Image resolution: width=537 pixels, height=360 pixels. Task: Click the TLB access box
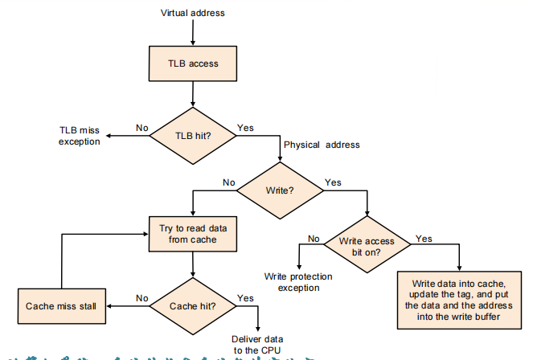[x=192, y=64]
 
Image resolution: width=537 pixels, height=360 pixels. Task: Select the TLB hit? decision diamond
[x=193, y=135]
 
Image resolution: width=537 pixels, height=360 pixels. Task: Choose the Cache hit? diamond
[x=193, y=305]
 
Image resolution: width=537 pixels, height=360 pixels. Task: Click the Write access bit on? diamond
[x=367, y=246]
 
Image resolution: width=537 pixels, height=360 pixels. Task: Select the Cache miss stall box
[x=62, y=306]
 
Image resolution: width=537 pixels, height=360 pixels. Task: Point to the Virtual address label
[x=193, y=13]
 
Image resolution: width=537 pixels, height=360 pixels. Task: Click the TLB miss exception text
[x=80, y=135]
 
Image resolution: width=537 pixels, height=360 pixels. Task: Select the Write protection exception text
[x=299, y=282]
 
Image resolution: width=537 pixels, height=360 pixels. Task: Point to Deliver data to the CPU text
[x=257, y=345]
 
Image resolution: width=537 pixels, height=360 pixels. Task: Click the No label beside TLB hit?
[x=142, y=127]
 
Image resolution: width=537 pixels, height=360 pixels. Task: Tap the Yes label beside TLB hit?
[x=245, y=127]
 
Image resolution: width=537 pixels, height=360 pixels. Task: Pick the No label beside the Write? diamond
[x=228, y=182]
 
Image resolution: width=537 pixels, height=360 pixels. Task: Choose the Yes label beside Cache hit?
[x=246, y=297]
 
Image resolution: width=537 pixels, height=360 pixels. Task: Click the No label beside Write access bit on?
[x=314, y=238]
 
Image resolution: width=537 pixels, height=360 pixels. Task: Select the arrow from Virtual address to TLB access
[x=193, y=31]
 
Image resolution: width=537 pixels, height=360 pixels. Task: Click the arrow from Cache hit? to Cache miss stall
[x=129, y=305]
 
